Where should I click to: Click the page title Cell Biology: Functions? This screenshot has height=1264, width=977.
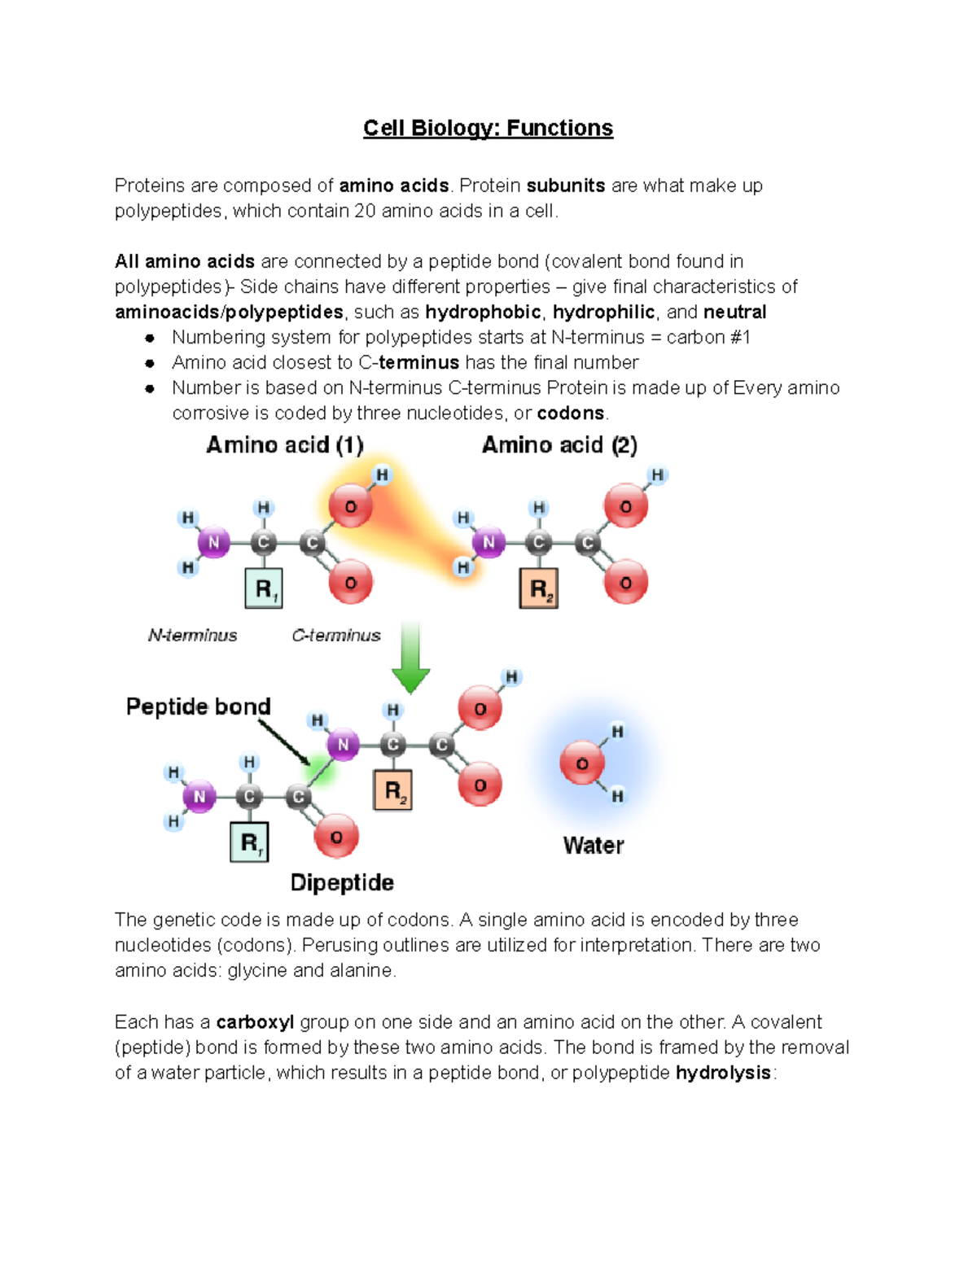(x=488, y=128)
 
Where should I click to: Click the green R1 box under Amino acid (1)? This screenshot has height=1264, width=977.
(x=264, y=588)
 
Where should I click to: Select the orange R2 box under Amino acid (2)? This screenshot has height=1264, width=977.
(x=539, y=588)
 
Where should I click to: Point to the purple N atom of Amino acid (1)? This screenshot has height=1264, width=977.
(x=213, y=542)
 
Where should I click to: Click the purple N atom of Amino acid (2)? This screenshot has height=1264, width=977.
(x=488, y=542)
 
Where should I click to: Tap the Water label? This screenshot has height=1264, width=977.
(x=594, y=846)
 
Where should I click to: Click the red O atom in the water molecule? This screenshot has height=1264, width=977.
(x=582, y=763)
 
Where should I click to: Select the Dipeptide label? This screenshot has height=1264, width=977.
(x=342, y=883)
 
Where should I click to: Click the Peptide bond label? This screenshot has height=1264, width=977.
(x=198, y=706)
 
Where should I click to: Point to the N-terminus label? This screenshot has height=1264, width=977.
(x=192, y=635)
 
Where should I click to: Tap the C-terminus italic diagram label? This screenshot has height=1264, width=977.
(x=336, y=635)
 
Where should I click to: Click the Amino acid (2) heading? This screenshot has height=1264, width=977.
(x=559, y=445)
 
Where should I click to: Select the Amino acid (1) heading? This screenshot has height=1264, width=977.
(x=284, y=445)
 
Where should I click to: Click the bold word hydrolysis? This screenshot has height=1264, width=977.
(x=723, y=1073)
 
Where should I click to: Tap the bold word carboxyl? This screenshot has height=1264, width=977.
(x=255, y=1022)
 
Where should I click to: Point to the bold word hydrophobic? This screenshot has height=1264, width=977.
(x=483, y=313)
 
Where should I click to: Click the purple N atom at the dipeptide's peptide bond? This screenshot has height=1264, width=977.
(x=343, y=745)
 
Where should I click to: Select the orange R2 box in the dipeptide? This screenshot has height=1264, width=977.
(x=392, y=790)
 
